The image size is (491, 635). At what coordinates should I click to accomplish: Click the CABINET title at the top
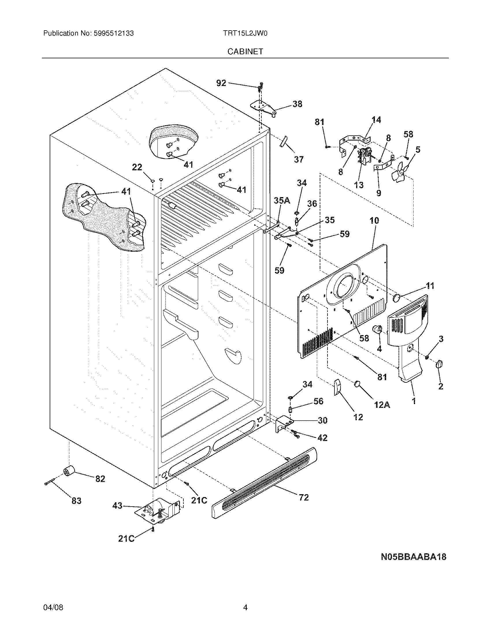(x=245, y=51)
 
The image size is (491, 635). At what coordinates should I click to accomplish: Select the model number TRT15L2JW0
(x=245, y=33)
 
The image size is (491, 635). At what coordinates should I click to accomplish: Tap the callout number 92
(x=221, y=83)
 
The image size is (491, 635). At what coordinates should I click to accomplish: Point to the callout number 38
(x=297, y=104)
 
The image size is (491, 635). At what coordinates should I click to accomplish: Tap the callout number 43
(x=118, y=506)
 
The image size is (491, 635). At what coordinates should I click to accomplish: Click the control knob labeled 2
(x=439, y=364)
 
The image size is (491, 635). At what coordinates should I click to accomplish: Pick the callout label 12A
(x=382, y=404)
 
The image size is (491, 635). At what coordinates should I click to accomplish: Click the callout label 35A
(x=282, y=200)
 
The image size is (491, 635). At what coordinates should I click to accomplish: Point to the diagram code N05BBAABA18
(x=413, y=557)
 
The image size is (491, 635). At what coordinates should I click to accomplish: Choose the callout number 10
(x=374, y=221)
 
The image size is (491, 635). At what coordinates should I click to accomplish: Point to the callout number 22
(x=137, y=167)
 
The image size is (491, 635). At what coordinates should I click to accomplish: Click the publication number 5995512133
(x=114, y=33)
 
